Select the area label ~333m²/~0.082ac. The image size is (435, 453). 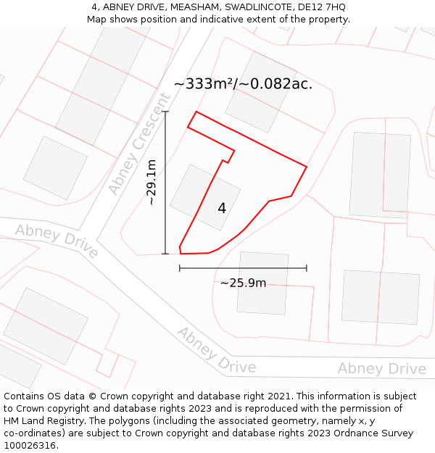click(x=243, y=83)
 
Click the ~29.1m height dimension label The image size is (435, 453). click(x=152, y=183)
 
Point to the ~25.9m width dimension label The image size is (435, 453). click(x=243, y=283)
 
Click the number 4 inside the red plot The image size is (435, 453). click(x=222, y=209)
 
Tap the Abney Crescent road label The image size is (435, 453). click(x=139, y=144)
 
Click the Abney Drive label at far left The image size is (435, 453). click(x=57, y=241)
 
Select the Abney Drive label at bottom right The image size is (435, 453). click(x=381, y=369)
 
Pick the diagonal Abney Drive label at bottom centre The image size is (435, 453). click(x=216, y=351)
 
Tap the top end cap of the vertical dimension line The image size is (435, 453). click(x=165, y=112)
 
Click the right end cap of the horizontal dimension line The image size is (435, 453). click(x=307, y=268)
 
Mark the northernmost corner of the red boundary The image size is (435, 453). click(x=196, y=112)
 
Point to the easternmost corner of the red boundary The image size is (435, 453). click(x=307, y=167)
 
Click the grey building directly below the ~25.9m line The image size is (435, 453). click(x=262, y=283)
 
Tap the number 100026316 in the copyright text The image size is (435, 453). click(x=30, y=446)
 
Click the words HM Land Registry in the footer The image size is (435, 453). click(x=41, y=421)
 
